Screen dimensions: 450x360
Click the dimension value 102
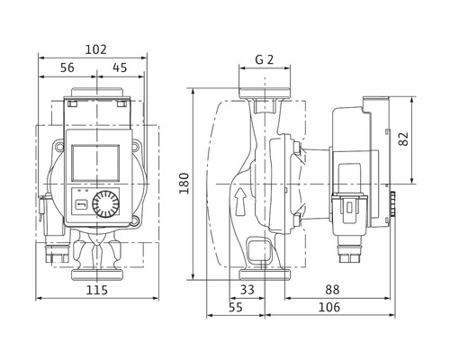(x=95, y=49)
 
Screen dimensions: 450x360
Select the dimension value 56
(x=67, y=67)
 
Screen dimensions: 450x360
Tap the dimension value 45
(x=120, y=67)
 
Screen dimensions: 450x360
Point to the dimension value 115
(x=97, y=290)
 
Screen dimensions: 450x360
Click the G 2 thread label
(x=265, y=59)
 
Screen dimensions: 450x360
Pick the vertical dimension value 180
(x=184, y=184)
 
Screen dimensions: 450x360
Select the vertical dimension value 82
(x=403, y=139)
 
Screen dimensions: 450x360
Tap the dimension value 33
(x=247, y=290)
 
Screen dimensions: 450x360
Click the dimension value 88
(x=332, y=290)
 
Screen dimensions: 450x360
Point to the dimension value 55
(x=236, y=307)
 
